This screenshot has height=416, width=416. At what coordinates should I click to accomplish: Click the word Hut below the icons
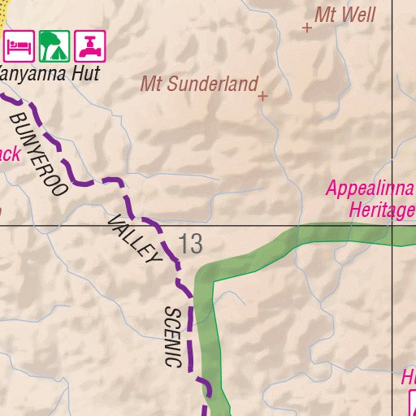[84, 74]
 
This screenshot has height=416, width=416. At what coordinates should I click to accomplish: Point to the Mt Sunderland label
[199, 84]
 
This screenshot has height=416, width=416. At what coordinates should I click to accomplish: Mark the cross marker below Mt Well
[307, 28]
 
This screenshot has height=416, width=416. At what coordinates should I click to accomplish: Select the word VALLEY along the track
[135, 239]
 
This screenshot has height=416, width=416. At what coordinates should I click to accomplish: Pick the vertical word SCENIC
[171, 336]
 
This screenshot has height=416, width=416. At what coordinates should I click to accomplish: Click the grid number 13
[191, 244]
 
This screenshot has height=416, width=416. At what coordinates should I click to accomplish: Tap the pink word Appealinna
[370, 188]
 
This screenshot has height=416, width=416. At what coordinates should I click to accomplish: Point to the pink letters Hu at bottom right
[408, 378]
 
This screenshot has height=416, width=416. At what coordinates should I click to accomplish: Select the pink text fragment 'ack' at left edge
[8, 153]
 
